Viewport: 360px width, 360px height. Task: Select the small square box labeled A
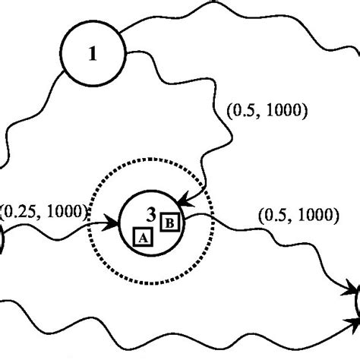coord(141,237)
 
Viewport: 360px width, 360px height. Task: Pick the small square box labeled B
coord(170,222)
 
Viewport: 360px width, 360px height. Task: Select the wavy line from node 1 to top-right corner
coord(228,15)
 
